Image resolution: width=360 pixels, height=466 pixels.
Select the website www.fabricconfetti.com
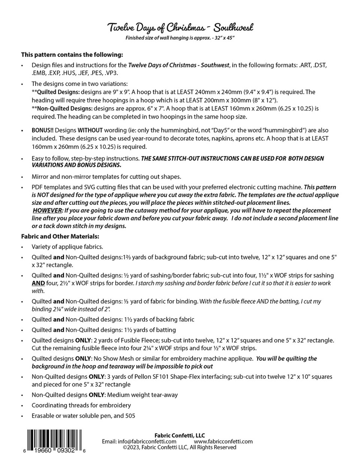point(224,441)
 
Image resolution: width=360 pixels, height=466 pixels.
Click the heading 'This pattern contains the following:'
point(72,55)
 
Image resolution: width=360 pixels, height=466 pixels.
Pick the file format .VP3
point(112,73)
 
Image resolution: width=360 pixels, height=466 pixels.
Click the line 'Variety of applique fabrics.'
point(67,247)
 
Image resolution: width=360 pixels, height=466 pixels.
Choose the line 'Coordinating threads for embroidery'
point(81,405)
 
